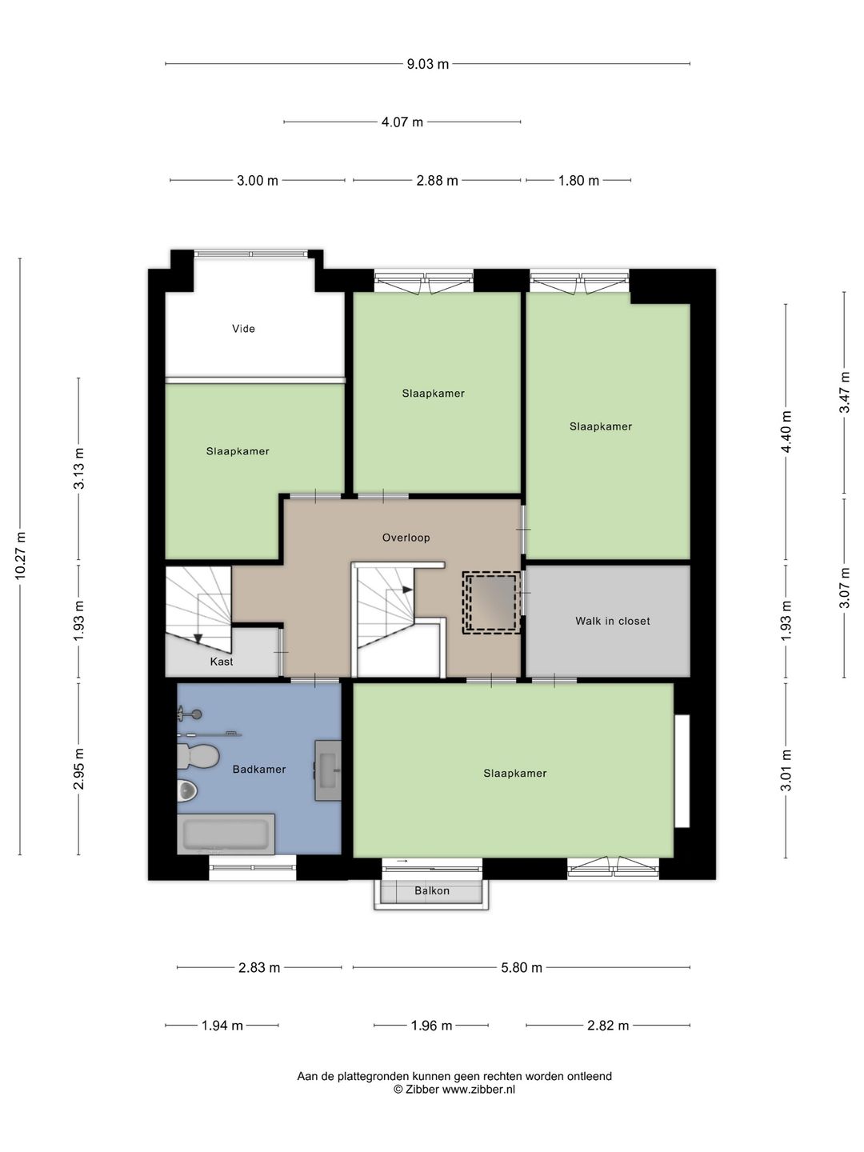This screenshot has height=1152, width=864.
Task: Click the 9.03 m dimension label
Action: coord(427,64)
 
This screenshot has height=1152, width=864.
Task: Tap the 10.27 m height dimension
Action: coord(20,556)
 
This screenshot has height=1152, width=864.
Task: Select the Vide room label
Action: coord(243,329)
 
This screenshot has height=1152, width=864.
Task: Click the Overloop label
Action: coord(406,538)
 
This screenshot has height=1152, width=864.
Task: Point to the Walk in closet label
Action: coord(612,621)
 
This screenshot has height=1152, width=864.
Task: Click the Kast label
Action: coord(222,662)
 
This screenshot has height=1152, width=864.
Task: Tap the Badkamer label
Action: coord(259,770)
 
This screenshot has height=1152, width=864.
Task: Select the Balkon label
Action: coord(432,890)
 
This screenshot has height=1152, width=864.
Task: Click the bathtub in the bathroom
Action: coord(226,834)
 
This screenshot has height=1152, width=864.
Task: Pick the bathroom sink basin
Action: coord(327,770)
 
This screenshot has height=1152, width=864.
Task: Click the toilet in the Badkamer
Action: coord(198,756)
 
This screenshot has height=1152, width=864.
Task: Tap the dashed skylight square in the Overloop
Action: coord(491,602)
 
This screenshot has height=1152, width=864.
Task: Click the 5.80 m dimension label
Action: coord(521,968)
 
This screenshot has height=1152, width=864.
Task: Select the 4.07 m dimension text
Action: coord(402,122)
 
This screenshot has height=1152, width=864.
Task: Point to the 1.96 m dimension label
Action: coord(431,1026)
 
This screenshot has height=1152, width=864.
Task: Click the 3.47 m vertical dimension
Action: coord(845,393)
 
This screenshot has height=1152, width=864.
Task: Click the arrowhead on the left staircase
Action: coord(198,638)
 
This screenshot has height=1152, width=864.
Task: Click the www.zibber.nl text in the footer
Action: coord(478,1089)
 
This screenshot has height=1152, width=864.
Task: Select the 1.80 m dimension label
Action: coord(578,181)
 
